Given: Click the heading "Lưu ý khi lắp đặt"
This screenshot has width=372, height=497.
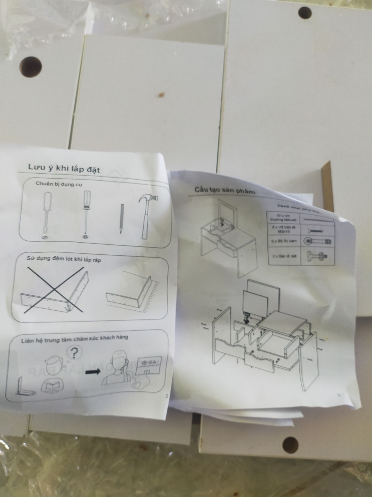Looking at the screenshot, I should click(64, 168).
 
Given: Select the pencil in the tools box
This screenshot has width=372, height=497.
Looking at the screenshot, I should click(121, 219).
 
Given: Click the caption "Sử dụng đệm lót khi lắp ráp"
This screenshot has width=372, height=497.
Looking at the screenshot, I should click(64, 259).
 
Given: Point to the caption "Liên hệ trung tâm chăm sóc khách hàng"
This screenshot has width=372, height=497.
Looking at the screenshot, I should click(75, 339).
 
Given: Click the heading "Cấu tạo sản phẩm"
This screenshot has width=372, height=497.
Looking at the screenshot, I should click(224, 191).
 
